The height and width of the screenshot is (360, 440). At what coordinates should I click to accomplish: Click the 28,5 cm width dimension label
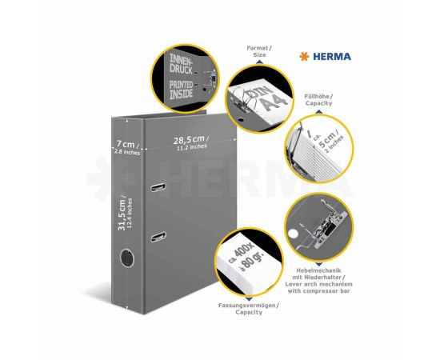click(x=194, y=139)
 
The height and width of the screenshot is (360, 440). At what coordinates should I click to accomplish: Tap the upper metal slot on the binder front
click(x=158, y=187)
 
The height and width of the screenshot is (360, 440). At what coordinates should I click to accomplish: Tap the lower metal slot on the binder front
click(x=158, y=236)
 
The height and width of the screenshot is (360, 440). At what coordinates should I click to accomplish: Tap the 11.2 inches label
click(x=194, y=150)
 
